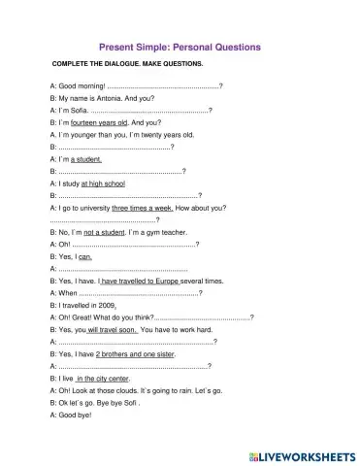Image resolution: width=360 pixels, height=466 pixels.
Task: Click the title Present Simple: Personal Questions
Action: pyautogui.click(x=180, y=46)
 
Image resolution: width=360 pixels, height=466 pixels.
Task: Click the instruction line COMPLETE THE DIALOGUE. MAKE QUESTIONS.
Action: pyautogui.click(x=127, y=65)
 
